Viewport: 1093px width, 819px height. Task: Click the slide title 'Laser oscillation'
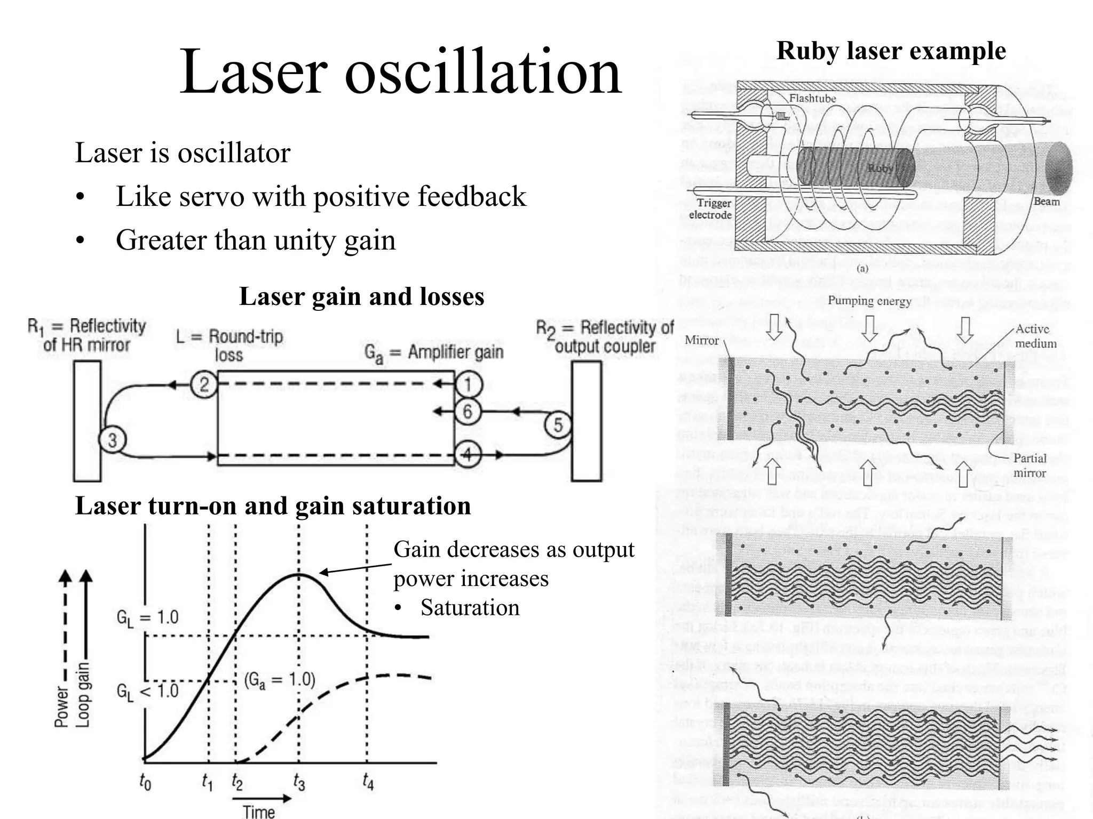400,72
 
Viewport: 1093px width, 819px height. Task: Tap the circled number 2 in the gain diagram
204,384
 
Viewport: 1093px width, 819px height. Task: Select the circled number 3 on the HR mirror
113,440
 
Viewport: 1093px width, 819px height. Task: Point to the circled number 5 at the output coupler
558,425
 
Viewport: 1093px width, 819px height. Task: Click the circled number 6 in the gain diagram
468,411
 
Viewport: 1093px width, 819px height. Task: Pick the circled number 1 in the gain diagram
468,384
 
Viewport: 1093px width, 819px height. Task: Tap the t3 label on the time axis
299,783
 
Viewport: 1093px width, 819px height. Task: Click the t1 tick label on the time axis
207,783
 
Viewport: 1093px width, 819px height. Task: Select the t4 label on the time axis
368,782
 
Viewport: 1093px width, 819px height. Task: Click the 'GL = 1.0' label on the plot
147,617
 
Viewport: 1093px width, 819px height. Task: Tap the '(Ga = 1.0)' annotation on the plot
280,680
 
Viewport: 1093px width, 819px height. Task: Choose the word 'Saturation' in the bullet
470,608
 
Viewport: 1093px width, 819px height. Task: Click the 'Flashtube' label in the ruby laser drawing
812,98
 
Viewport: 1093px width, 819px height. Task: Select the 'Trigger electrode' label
710,209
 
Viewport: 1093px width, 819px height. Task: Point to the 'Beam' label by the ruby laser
1047,202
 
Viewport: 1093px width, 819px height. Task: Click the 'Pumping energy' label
869,301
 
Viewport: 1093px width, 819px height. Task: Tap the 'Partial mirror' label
1029,465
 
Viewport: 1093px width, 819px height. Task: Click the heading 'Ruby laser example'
891,52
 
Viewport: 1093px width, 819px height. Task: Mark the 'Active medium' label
1035,336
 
